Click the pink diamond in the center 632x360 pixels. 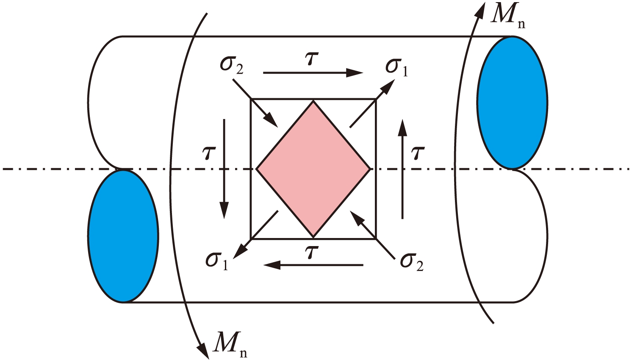pos(313,169)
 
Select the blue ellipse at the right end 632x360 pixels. pos(512,102)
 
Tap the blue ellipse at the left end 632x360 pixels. pos(123,236)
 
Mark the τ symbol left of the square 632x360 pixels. pos(209,153)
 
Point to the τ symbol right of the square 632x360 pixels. pos(418,153)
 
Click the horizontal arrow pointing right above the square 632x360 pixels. pos(313,73)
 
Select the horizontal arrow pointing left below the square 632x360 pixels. pos(313,265)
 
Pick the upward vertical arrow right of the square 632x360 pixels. pos(402,169)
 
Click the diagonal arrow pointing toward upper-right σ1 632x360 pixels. pos(371,104)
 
